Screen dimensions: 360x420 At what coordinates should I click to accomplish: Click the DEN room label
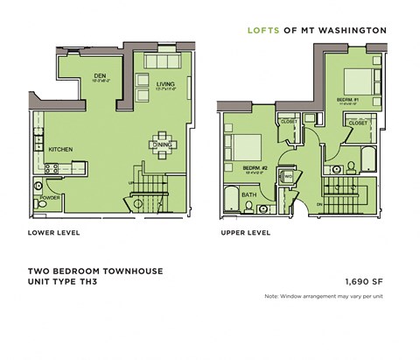pyautogui.click(x=99, y=76)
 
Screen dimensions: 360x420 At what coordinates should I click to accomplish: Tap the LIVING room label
pyautogui.click(x=165, y=83)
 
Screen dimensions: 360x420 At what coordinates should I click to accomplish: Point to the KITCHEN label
pyautogui.click(x=59, y=149)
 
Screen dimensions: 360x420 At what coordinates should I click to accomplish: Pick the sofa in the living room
pyautogui.click(x=160, y=63)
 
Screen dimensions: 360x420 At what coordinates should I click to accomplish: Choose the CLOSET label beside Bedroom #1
pyautogui.click(x=356, y=124)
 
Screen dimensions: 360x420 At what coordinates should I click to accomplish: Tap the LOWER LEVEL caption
pyautogui.click(x=54, y=234)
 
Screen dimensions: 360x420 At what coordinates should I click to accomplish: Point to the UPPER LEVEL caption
pyautogui.click(x=246, y=234)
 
